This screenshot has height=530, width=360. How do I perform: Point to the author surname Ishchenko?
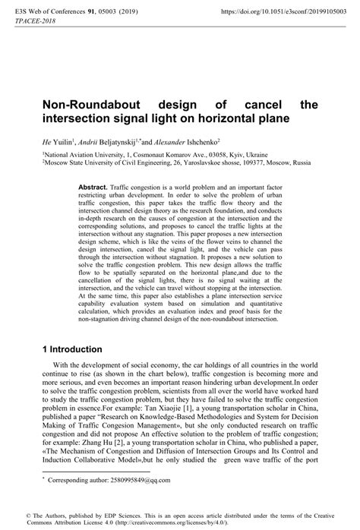click(197, 141)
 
